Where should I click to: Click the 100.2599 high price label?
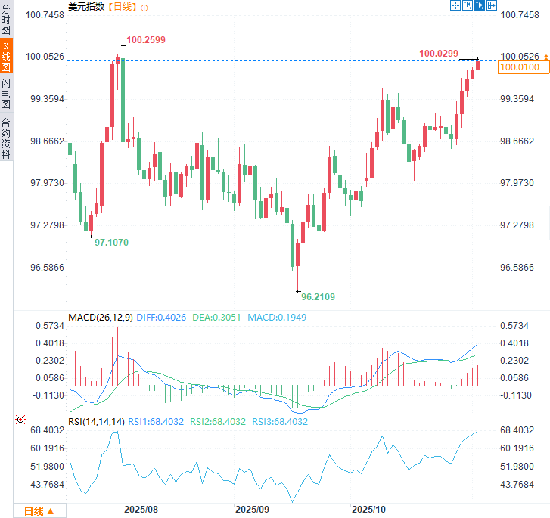point(146,39)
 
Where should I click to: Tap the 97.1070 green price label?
point(111,242)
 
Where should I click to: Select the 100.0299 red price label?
point(439,53)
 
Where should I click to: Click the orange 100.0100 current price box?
point(519,67)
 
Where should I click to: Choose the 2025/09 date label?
point(252,510)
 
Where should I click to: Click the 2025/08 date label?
point(141,510)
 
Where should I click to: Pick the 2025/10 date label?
point(370,510)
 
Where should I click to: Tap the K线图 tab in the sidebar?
point(6,57)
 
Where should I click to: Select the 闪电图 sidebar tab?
point(6,93)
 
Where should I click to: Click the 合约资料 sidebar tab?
point(6,138)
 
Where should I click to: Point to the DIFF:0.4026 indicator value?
point(161,317)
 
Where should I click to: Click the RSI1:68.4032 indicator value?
point(156,421)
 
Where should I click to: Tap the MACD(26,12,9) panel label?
point(101,317)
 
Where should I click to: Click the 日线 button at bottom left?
point(39,510)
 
